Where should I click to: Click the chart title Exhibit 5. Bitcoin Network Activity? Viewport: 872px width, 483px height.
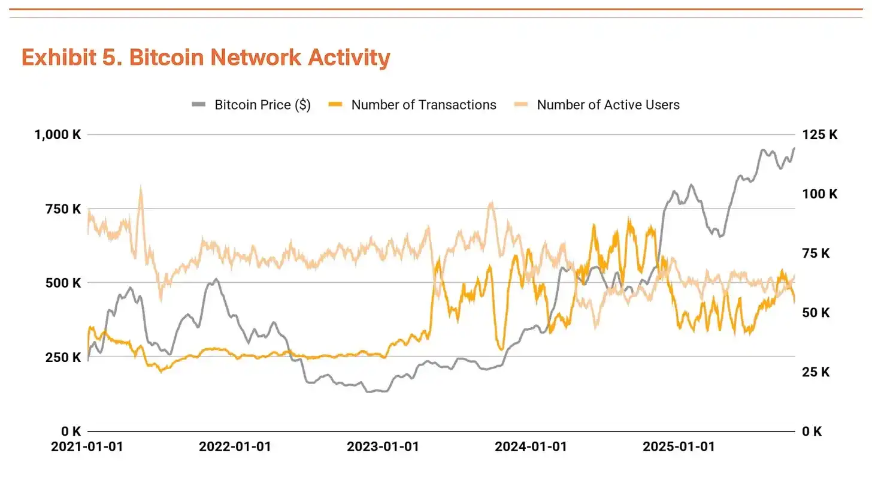tap(205, 58)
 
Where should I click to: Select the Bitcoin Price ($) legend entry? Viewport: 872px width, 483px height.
tap(262, 105)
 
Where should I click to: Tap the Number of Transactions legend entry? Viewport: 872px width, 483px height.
tap(423, 105)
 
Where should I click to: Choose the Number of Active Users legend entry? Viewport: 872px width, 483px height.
tap(608, 105)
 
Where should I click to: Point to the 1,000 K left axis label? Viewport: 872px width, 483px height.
tap(57, 135)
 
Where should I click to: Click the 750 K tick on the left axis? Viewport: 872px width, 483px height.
tap(62, 209)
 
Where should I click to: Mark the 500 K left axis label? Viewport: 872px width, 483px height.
tap(62, 283)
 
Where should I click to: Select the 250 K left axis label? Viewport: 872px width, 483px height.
tap(62, 357)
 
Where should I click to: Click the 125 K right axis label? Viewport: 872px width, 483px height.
tap(819, 135)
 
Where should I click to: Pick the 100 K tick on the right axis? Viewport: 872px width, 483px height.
tap(819, 194)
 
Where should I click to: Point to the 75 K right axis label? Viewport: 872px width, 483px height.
tap(816, 253)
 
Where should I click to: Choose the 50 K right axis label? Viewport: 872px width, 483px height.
tap(816, 313)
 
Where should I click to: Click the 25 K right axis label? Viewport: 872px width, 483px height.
tap(816, 372)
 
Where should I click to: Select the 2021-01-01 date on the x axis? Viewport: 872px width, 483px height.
tap(87, 447)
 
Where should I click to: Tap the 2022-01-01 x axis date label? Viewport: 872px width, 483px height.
tap(235, 447)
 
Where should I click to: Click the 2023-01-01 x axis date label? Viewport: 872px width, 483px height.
tap(383, 447)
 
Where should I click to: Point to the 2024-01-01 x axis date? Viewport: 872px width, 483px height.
tap(531, 447)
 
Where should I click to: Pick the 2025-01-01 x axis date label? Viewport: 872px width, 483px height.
tap(679, 447)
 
